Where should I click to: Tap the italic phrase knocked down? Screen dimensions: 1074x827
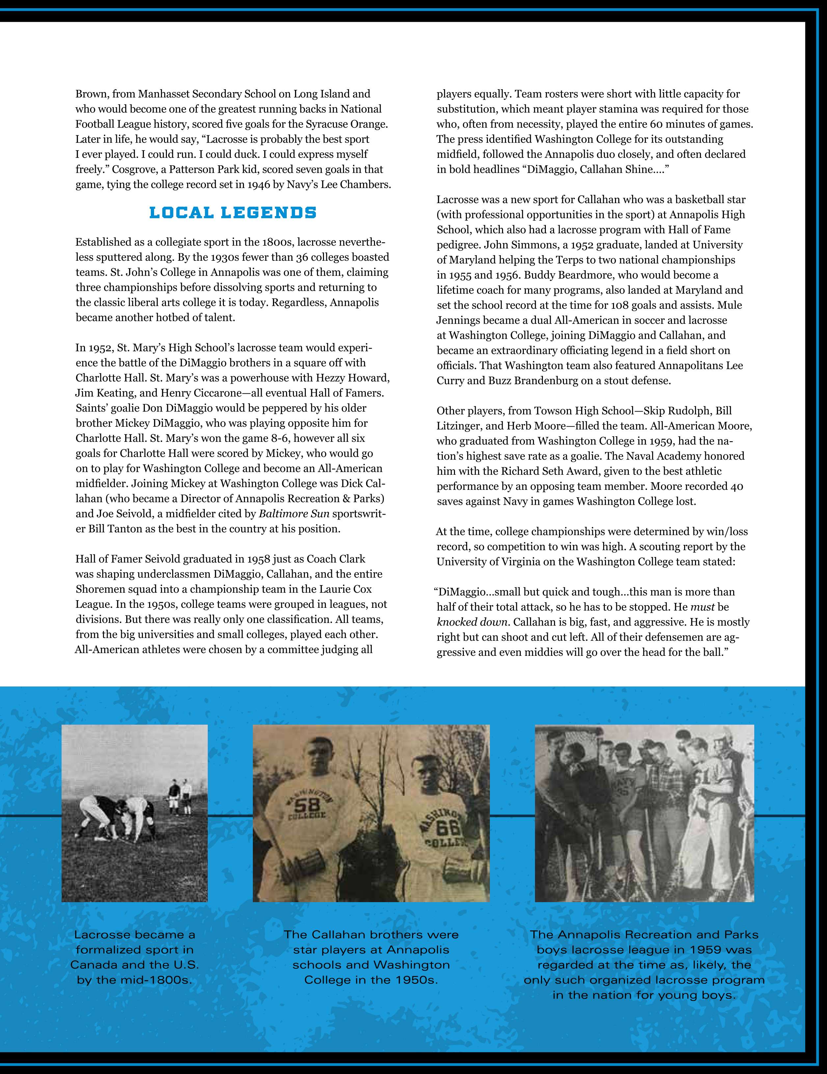pyautogui.click(x=471, y=622)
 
